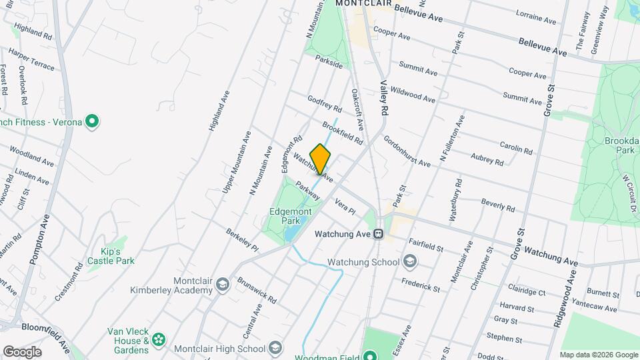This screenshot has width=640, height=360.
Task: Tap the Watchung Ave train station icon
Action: pos(378,234)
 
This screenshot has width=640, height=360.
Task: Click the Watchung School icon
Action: pos(409,261)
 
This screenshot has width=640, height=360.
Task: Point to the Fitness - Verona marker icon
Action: pos(93,122)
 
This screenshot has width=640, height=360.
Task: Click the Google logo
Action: pos(21,351)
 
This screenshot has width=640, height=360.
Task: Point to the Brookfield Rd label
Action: pos(342,132)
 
